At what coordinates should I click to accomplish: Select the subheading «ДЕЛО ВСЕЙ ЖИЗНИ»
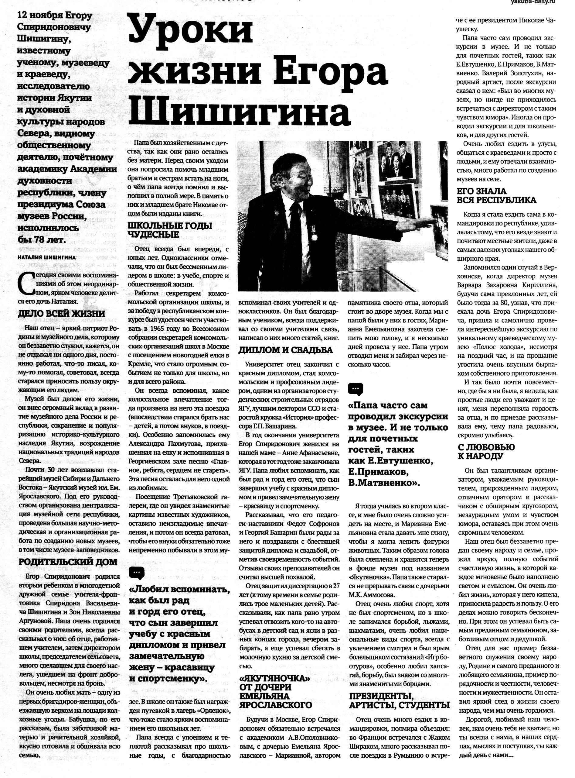62,314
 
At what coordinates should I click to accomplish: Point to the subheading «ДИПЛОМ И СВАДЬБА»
285,350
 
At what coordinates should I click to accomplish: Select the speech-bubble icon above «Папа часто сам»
356,388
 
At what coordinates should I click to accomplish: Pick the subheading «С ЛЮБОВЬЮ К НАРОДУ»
486,452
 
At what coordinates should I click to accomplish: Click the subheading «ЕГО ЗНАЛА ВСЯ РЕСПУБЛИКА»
496,196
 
